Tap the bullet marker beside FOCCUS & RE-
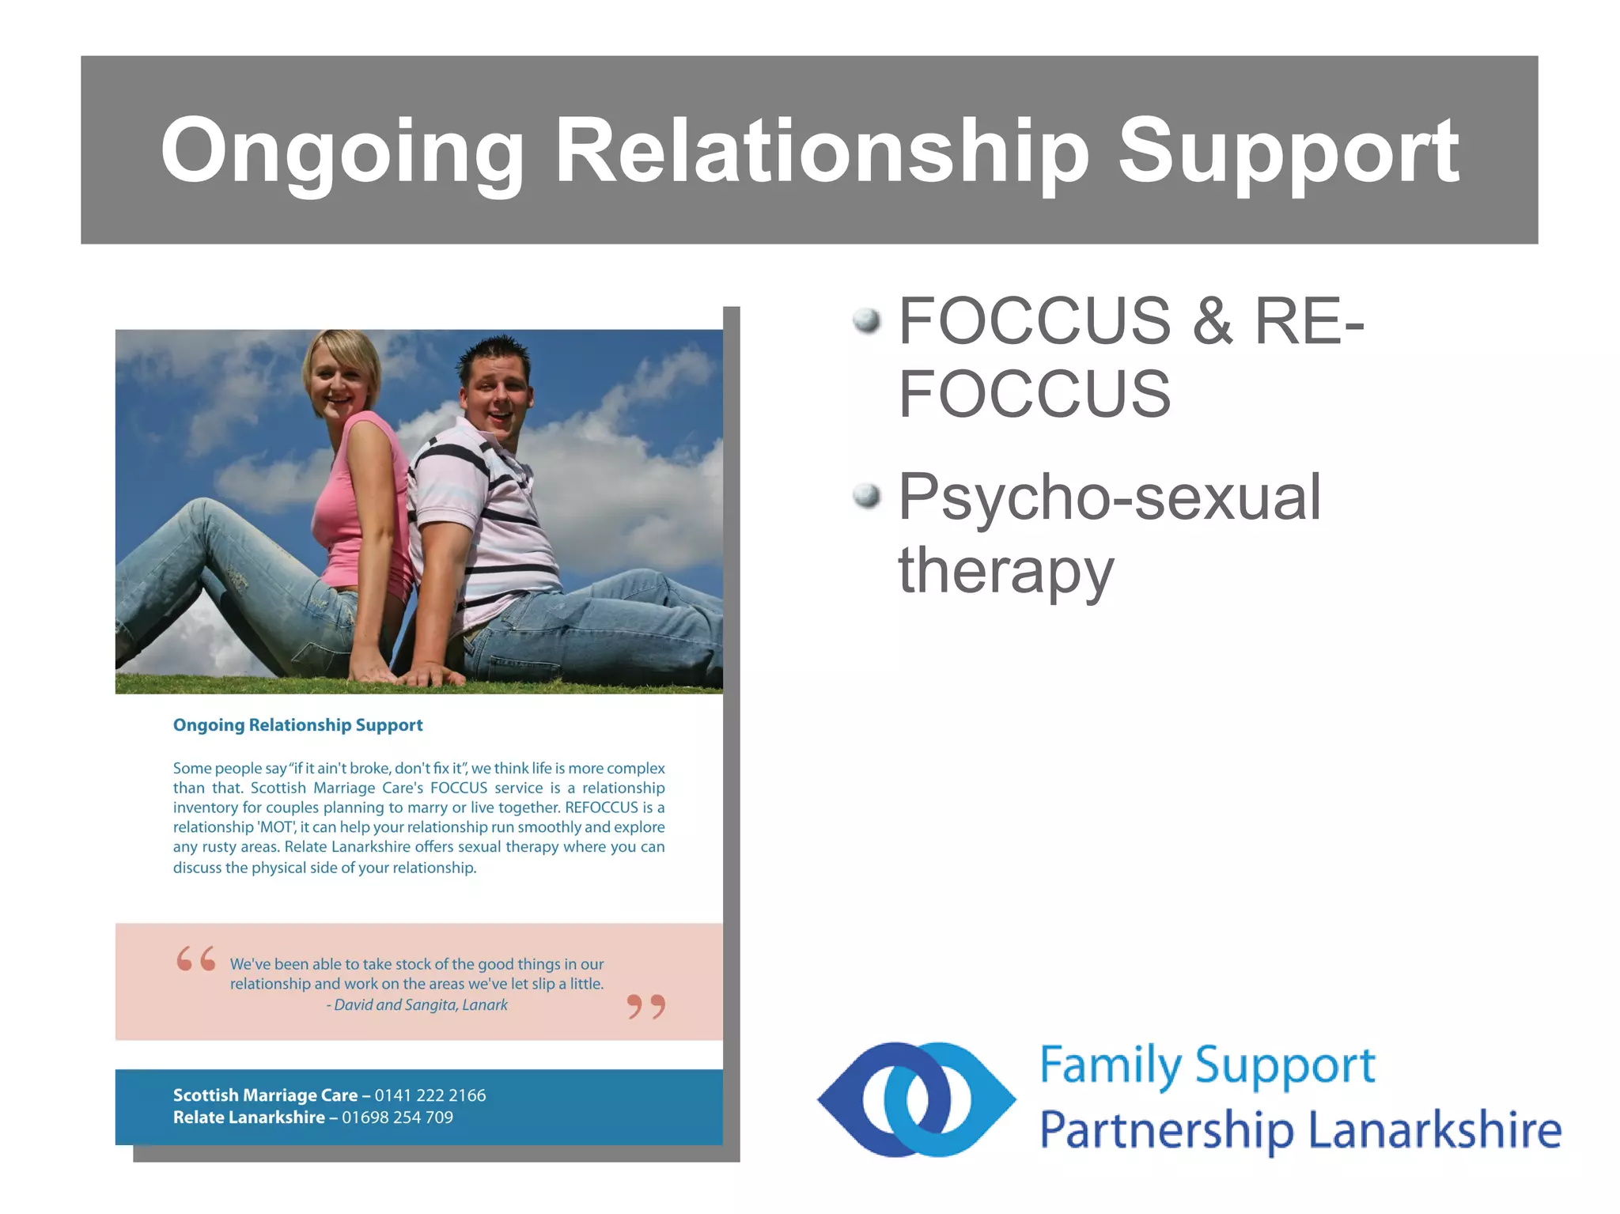click(x=867, y=320)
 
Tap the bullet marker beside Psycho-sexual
click(x=867, y=496)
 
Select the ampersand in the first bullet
click(x=1213, y=322)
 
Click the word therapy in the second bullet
click(x=1005, y=571)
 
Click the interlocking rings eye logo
click(x=916, y=1099)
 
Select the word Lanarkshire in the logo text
click(x=1435, y=1130)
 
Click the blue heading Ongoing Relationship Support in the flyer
click(x=297, y=725)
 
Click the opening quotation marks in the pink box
click(x=195, y=959)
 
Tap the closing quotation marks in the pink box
click(x=646, y=1007)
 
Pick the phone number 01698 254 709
click(x=397, y=1118)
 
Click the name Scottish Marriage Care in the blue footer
click(x=265, y=1095)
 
